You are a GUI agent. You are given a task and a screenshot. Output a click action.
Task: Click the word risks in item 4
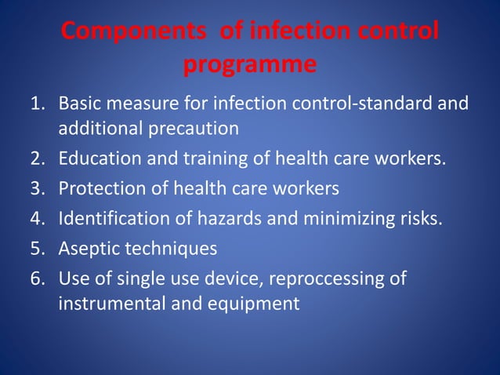click(x=422, y=217)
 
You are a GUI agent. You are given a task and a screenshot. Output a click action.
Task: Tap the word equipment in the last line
click(x=252, y=303)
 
